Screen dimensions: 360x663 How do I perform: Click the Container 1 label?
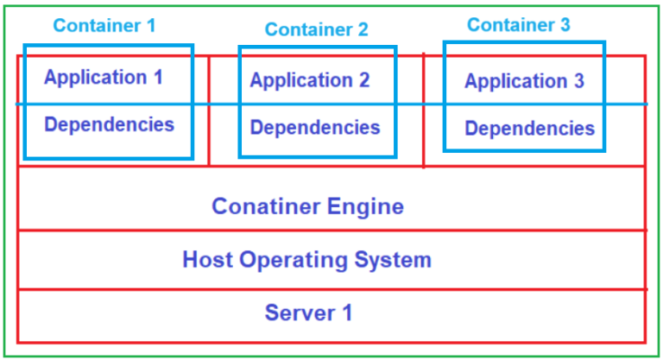click(x=104, y=25)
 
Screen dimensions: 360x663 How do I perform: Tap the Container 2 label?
click(x=316, y=29)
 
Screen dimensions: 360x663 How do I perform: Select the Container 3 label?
click(x=518, y=25)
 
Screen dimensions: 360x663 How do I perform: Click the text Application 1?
click(x=103, y=78)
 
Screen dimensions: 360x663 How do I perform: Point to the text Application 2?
click(x=309, y=81)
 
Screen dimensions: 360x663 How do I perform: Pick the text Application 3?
click(x=524, y=82)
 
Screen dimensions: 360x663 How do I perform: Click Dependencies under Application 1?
click(x=109, y=124)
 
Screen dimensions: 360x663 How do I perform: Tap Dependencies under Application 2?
click(x=314, y=128)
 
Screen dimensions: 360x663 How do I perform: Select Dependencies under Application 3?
click(x=529, y=129)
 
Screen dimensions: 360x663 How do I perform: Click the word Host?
click(x=205, y=259)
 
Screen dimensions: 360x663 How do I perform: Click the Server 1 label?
click(x=308, y=313)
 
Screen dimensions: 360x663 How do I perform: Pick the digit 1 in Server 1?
click(x=346, y=313)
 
